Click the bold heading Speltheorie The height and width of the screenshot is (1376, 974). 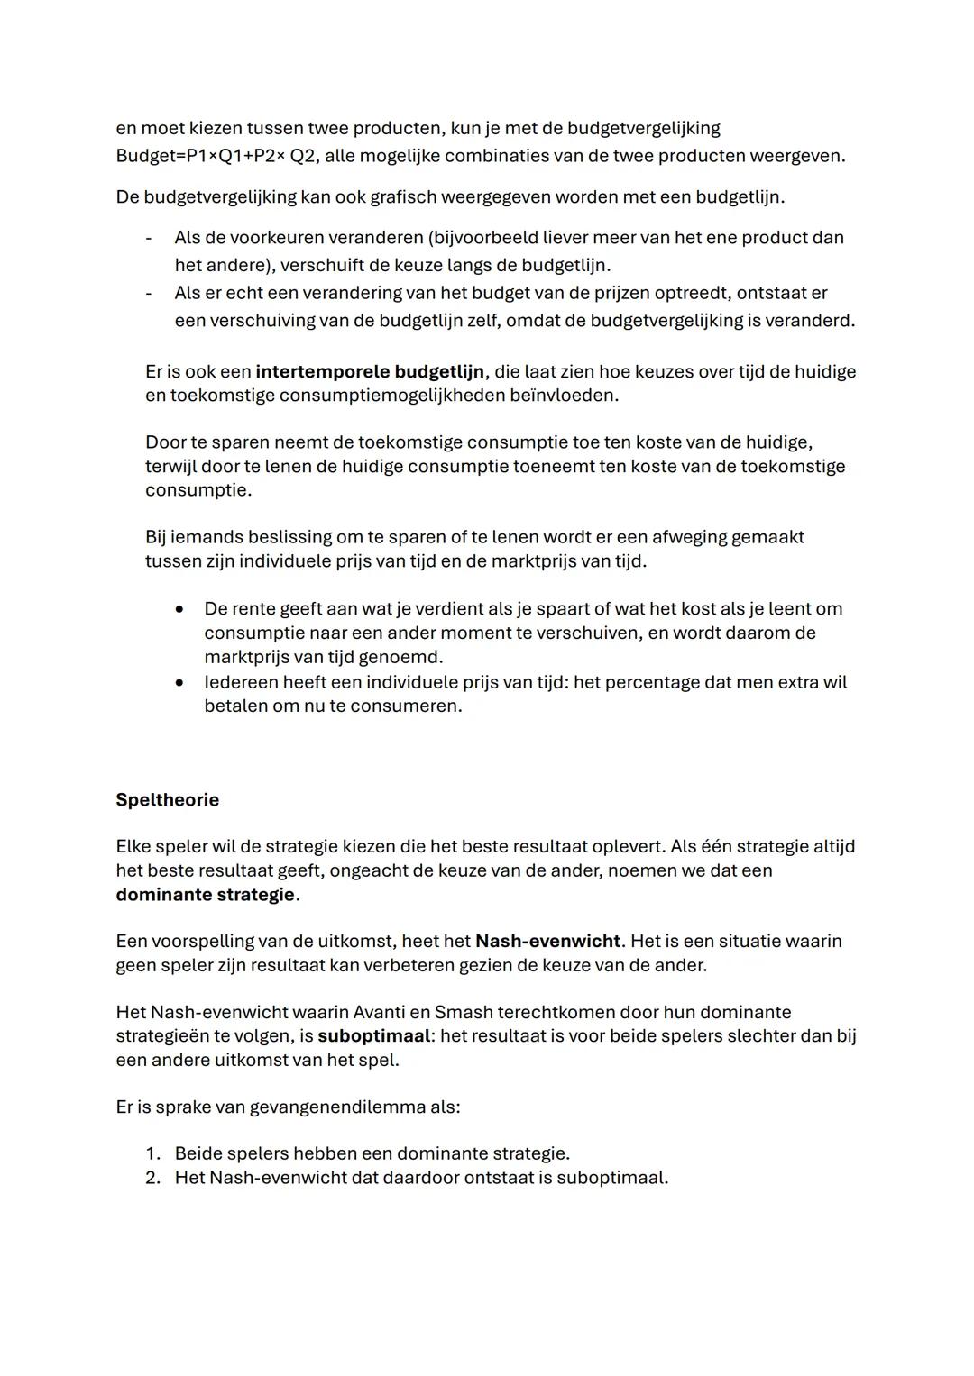coord(167,800)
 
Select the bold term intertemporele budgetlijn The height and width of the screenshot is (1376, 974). coord(370,372)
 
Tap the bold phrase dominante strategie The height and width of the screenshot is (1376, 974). coord(205,895)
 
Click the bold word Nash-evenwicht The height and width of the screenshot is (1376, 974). coord(547,942)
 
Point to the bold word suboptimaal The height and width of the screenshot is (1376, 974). coord(373,1036)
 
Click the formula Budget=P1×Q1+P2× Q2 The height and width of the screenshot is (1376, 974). coord(216,156)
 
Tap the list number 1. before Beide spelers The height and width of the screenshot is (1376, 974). coord(152,1154)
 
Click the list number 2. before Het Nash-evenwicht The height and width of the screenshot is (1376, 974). coord(152,1178)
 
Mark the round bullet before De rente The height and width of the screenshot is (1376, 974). coord(180,609)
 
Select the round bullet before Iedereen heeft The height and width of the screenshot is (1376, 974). coord(180,683)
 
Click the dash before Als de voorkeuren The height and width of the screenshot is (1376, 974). coord(148,238)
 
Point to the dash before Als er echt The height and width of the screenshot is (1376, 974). coord(148,294)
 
